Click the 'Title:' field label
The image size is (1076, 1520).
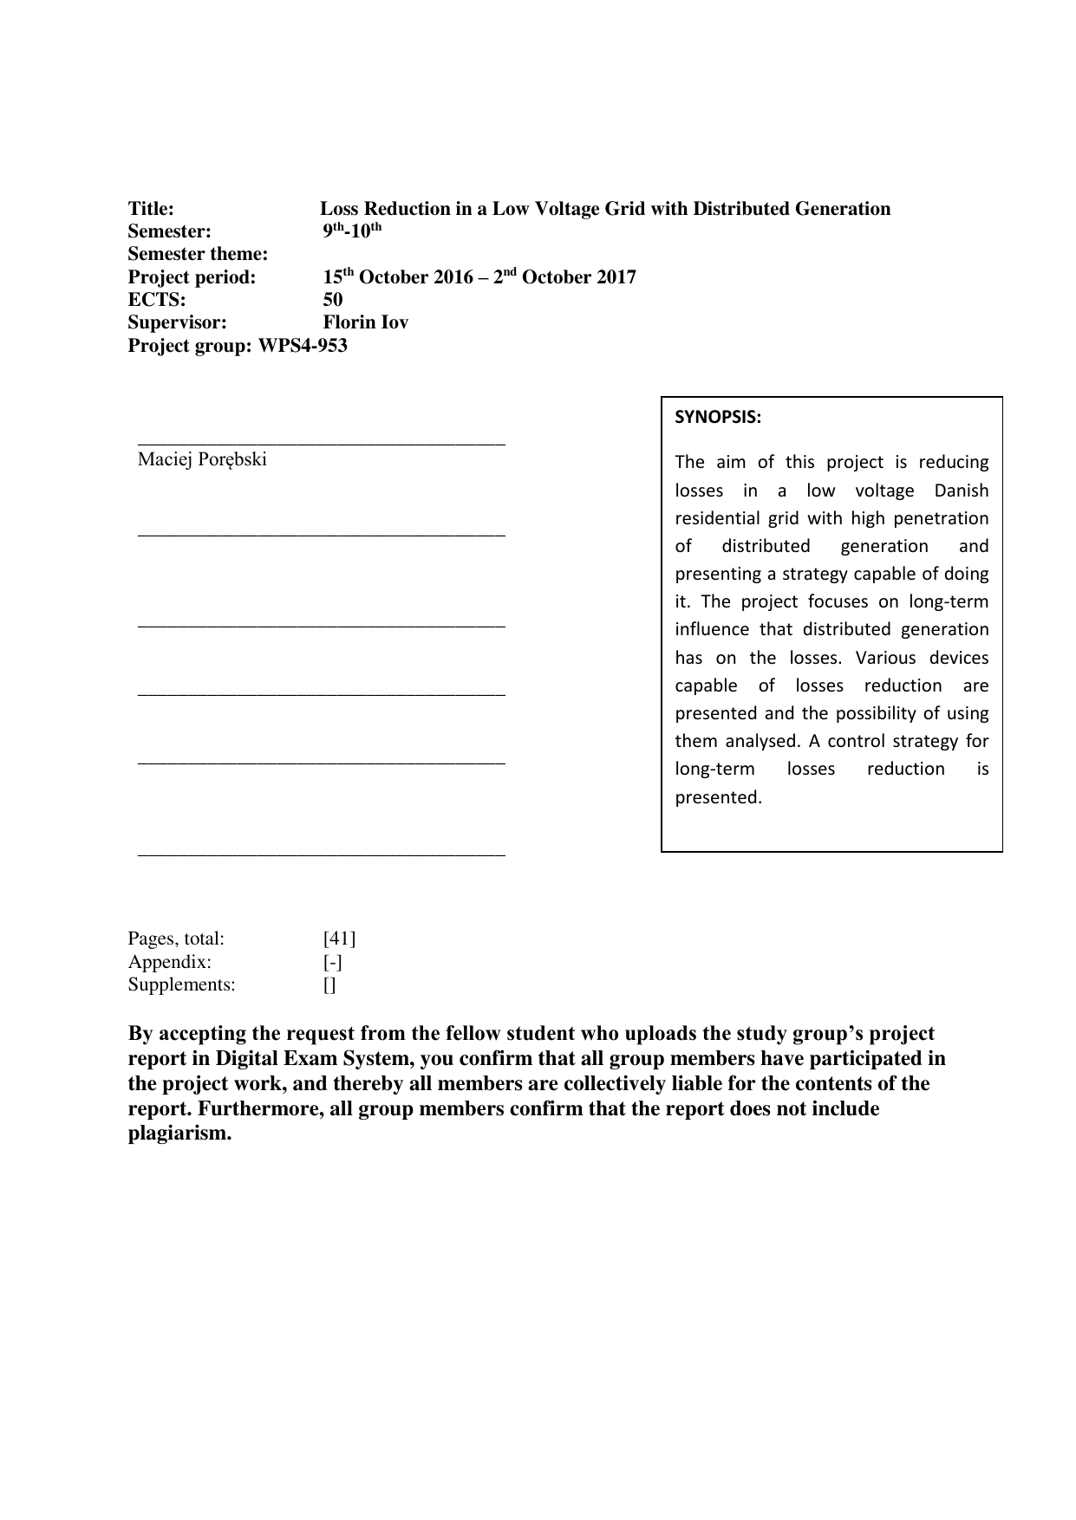click(x=151, y=209)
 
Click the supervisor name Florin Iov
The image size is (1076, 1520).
click(x=365, y=322)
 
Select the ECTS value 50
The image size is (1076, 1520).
click(x=333, y=300)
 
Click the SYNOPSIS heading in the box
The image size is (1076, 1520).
click(x=718, y=417)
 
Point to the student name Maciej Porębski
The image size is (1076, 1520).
click(x=202, y=459)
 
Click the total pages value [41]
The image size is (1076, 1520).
click(x=339, y=939)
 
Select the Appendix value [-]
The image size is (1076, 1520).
click(x=332, y=962)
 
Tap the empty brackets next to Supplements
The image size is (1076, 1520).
click(x=329, y=984)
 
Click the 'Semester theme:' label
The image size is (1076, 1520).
click(x=198, y=254)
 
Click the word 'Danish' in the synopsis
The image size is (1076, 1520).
click(x=961, y=490)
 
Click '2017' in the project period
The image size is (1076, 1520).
click(x=616, y=277)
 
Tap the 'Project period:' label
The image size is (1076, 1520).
click(x=192, y=277)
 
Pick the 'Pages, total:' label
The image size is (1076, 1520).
click(x=176, y=939)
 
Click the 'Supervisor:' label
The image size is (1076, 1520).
click(x=177, y=322)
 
